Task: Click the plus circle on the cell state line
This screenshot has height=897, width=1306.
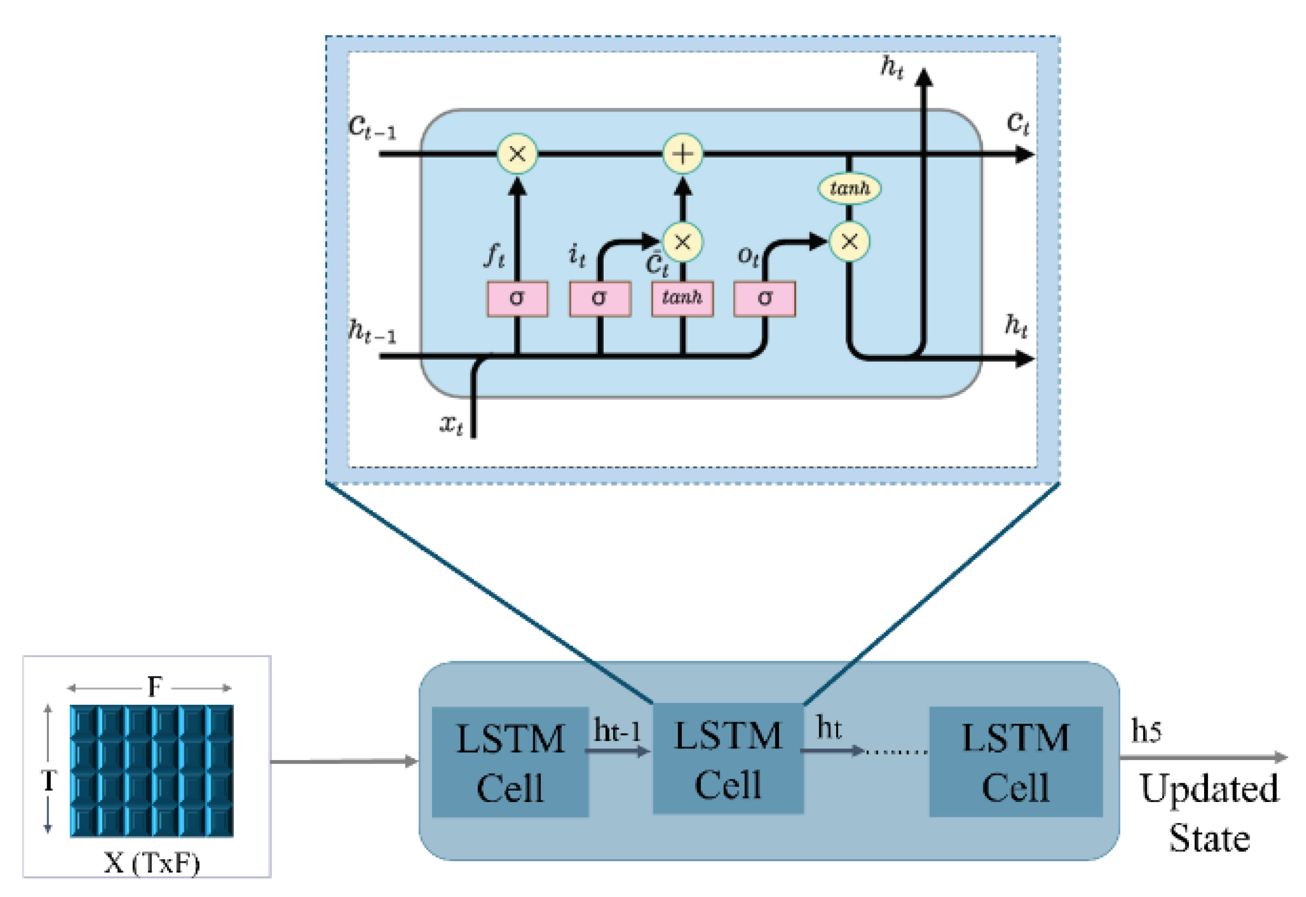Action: coord(682,153)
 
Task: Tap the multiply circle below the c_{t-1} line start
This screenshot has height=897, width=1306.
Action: coord(517,153)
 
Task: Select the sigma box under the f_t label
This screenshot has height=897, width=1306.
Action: coord(517,299)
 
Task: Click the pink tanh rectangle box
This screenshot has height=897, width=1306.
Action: coord(682,299)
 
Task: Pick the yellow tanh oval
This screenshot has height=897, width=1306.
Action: coord(849,188)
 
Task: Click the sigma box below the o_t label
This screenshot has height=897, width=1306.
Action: coord(764,299)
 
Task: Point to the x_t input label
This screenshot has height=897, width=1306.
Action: coord(451,424)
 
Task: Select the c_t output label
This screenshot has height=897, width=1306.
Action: coord(1018,122)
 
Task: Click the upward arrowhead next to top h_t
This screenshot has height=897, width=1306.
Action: coord(923,78)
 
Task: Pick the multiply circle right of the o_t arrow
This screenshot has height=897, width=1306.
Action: coord(849,241)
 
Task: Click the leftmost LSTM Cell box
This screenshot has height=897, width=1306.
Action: coord(510,762)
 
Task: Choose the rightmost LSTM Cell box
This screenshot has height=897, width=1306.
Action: coord(1016,762)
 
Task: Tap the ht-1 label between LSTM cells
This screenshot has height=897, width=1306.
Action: coord(617,731)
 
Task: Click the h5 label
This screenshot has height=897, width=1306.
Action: coord(1146,731)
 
